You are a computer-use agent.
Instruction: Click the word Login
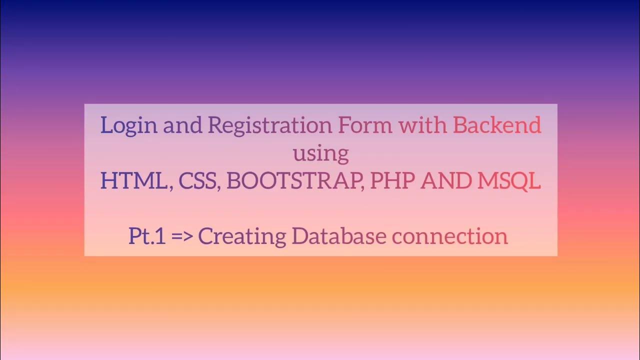pos(128,125)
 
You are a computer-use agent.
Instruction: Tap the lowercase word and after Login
pos(182,125)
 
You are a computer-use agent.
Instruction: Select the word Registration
pos(269,125)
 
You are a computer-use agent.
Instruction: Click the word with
pos(422,124)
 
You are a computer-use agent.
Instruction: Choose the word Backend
pos(497,124)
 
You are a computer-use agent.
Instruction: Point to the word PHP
pos(392,180)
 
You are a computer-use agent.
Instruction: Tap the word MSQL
pos(509,180)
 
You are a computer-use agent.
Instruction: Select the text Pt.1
pos(147,236)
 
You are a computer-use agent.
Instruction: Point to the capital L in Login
pos(105,125)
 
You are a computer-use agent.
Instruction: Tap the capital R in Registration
pos(213,125)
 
